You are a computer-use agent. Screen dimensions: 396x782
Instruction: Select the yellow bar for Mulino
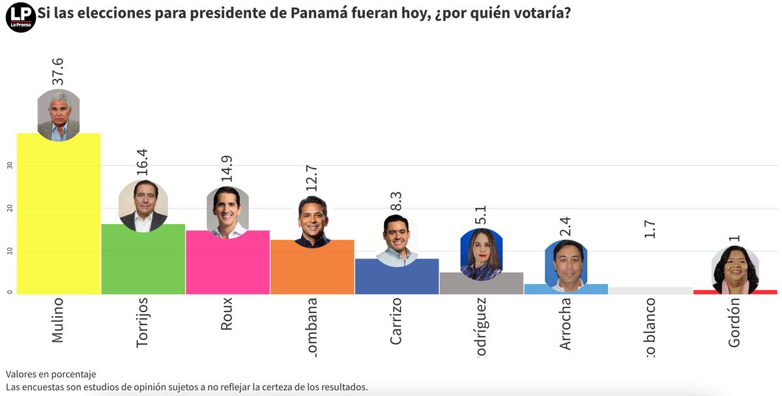(x=59, y=215)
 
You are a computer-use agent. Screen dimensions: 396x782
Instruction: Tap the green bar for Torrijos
(x=143, y=261)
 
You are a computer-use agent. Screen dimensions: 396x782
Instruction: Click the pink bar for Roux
(x=227, y=264)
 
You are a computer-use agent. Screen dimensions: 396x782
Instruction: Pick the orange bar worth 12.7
(x=312, y=268)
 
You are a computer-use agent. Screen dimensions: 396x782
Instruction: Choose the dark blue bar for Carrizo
(x=396, y=277)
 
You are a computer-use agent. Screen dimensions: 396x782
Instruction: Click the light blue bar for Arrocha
(x=566, y=289)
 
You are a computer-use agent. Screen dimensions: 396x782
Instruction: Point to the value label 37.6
(x=58, y=71)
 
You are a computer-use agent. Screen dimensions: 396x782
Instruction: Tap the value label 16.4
(x=142, y=163)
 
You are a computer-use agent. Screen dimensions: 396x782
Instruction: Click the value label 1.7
(x=650, y=229)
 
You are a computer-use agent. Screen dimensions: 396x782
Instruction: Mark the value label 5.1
(x=481, y=214)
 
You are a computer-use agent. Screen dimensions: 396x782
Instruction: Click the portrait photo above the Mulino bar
(x=59, y=115)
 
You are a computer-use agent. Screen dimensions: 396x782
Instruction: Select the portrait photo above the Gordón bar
(x=735, y=270)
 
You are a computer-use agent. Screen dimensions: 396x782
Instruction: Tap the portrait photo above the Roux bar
(x=227, y=212)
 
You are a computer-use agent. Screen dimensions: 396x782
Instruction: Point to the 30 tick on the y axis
(x=10, y=165)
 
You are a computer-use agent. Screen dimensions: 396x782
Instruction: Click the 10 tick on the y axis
(x=10, y=251)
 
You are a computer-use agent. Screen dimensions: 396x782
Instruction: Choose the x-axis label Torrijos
(x=143, y=322)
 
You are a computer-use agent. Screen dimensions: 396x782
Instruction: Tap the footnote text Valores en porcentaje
(x=51, y=374)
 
